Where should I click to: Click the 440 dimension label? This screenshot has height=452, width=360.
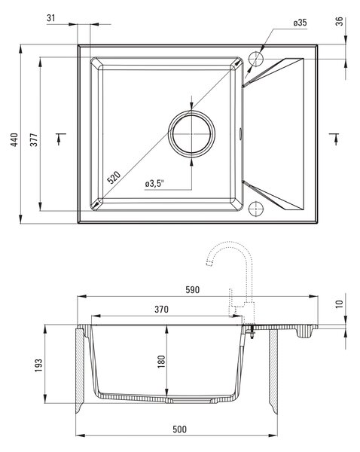point(14,140)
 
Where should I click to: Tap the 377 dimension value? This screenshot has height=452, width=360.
point(34,140)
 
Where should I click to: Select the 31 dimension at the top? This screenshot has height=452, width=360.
point(50,18)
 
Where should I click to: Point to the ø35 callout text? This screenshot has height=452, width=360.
point(300,23)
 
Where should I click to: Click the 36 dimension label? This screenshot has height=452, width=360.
point(340,21)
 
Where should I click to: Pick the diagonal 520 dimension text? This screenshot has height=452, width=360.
point(114,178)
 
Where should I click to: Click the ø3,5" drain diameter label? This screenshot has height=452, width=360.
point(154,183)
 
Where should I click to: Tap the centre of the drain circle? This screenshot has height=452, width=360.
point(191,134)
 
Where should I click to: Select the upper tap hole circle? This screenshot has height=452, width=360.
point(256,60)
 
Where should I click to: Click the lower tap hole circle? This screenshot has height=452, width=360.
point(256,209)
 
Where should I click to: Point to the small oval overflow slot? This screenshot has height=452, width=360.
point(241,133)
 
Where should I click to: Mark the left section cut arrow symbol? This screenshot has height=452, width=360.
point(60,139)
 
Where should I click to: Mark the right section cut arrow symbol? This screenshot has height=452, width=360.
point(334,139)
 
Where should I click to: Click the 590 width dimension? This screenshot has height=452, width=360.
point(192,290)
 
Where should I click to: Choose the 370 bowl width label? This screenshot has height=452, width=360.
point(161,310)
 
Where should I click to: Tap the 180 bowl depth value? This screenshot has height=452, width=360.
point(161,362)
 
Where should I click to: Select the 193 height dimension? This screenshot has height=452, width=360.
point(38,365)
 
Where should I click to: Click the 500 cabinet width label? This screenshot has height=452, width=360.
point(179,429)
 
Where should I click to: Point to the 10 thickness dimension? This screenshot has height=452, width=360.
point(340,304)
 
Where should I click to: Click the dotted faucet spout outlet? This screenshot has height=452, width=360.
point(209,263)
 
